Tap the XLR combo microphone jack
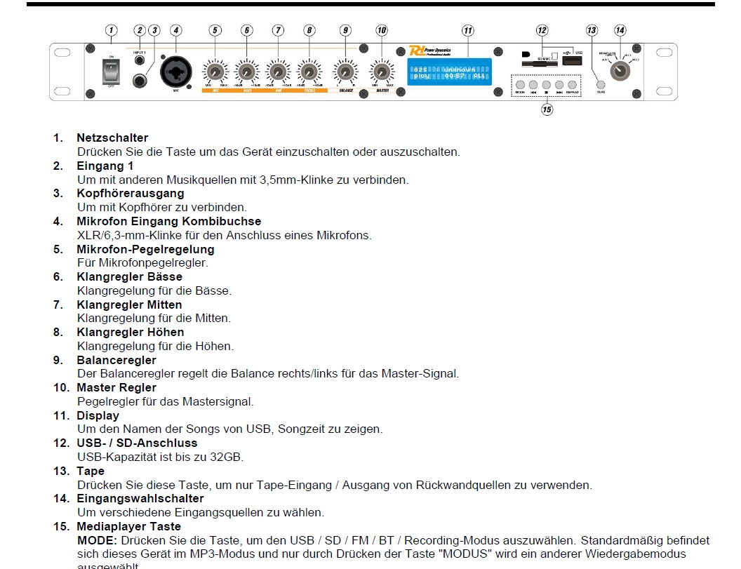(175, 72)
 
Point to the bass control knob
(246, 72)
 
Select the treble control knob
(309, 72)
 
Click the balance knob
(345, 72)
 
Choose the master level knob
(382, 72)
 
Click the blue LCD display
(450, 72)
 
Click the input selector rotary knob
(620, 70)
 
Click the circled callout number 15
(547, 109)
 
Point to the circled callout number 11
(468, 30)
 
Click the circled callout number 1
(111, 30)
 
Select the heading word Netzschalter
(112, 138)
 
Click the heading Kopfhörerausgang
(131, 193)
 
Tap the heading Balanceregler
(116, 360)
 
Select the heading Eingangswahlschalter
(140, 498)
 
